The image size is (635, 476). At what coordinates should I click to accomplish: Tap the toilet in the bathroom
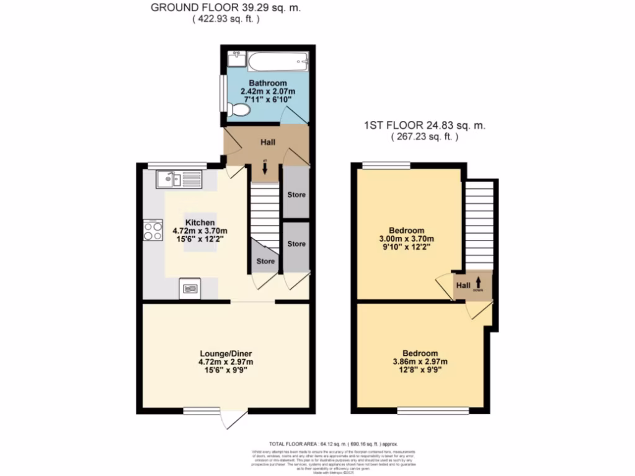click(x=239, y=110)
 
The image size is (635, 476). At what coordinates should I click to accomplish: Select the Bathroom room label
click(x=268, y=83)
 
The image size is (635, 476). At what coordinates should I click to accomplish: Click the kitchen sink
click(x=169, y=180)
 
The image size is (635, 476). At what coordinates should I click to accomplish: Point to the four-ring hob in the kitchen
click(x=152, y=231)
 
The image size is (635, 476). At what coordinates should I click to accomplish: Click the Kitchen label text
click(x=200, y=223)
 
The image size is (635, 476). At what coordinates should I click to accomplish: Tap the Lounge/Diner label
click(x=225, y=353)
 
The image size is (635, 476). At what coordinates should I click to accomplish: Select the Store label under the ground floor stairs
click(x=265, y=261)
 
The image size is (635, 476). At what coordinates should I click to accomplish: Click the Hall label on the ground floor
click(x=268, y=142)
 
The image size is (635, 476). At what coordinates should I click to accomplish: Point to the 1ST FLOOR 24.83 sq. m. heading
click(x=424, y=125)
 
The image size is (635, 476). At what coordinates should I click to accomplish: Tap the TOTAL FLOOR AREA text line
click(x=333, y=444)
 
